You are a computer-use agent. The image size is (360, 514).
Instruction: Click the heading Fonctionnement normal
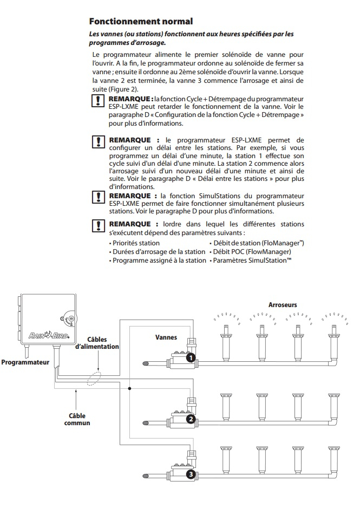(x=140, y=22)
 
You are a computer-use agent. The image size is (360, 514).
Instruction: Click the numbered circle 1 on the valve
(x=191, y=357)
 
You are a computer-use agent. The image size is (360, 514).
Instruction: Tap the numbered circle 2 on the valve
(x=191, y=419)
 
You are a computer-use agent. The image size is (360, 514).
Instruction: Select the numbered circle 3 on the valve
(x=191, y=474)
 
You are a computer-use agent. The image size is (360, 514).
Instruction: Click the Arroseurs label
(x=283, y=305)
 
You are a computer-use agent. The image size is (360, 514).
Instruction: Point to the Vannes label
(x=166, y=336)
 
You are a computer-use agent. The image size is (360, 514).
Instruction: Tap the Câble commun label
(x=77, y=419)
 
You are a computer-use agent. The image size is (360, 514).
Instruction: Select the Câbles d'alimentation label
(x=97, y=343)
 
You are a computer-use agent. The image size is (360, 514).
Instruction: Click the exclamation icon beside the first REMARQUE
(x=98, y=101)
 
